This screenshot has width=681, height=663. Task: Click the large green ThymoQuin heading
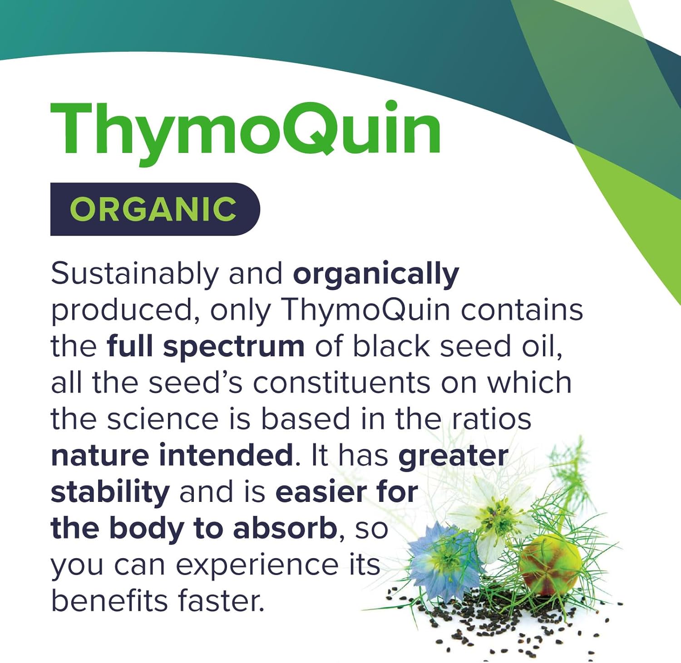coord(245,129)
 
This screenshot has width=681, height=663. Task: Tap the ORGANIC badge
coord(154,209)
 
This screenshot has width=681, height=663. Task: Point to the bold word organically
coord(376,275)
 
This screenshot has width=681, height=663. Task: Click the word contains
coord(522,310)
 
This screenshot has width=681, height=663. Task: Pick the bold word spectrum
coord(233,347)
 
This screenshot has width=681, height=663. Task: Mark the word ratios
coord(492,419)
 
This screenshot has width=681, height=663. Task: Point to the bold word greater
coord(453,456)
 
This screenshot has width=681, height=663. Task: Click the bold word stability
coord(110,492)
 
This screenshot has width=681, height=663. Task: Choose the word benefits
coord(109,601)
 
